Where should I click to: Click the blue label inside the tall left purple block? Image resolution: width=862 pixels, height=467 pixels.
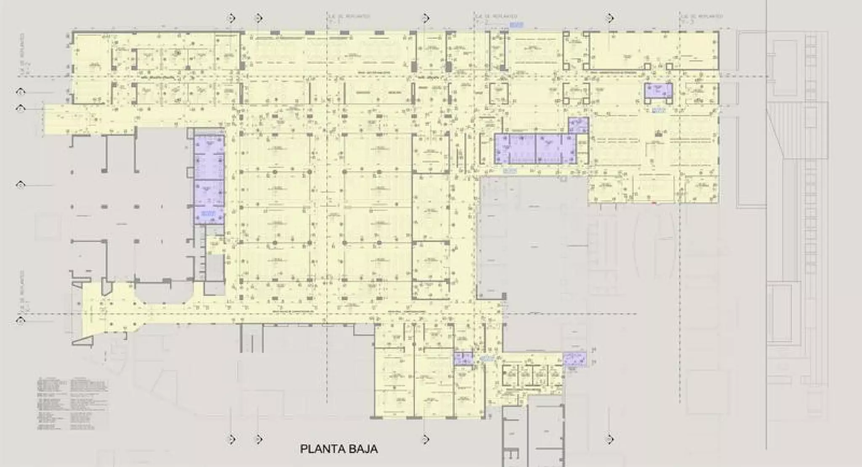tap(208, 214)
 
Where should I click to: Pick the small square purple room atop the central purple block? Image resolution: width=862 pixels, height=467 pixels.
tap(578, 125)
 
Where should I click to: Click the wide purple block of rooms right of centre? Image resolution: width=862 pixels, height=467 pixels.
tap(535, 149)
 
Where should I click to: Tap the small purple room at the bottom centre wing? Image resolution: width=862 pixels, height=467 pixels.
tap(463, 359)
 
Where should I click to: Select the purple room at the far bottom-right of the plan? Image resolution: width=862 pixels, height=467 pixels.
tap(575, 359)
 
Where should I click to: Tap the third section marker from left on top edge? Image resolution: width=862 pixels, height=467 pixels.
tap(426, 18)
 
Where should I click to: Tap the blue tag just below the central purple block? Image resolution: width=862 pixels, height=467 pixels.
tap(510, 170)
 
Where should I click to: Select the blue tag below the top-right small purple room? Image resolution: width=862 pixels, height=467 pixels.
tap(657, 110)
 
